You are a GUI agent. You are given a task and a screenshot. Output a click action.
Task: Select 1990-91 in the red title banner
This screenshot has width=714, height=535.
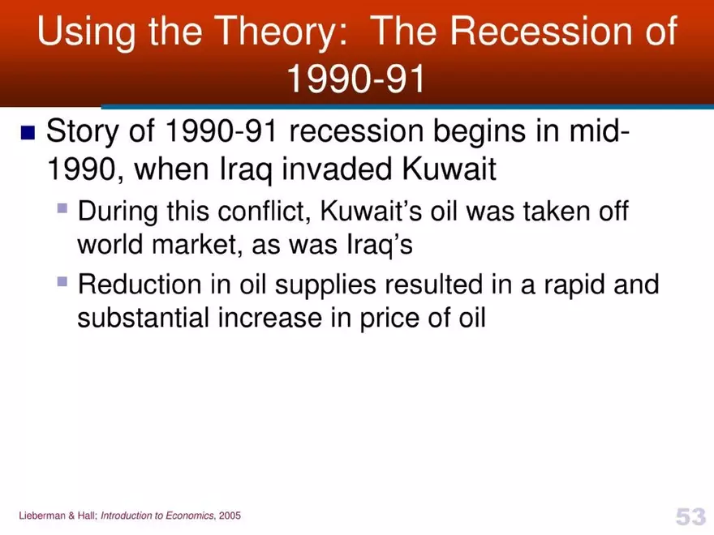click(356, 79)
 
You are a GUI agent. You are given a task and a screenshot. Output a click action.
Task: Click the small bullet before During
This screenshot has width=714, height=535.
click(62, 208)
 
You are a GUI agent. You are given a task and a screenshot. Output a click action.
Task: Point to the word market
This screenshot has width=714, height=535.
click(189, 245)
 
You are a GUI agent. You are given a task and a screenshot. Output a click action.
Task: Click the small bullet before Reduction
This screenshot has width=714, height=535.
click(62, 281)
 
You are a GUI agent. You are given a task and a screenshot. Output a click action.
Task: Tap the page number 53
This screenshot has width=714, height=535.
click(690, 516)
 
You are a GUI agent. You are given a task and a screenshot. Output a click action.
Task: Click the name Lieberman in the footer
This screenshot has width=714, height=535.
click(40, 516)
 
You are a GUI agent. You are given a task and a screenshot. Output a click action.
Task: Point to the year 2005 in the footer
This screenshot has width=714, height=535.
click(229, 516)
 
